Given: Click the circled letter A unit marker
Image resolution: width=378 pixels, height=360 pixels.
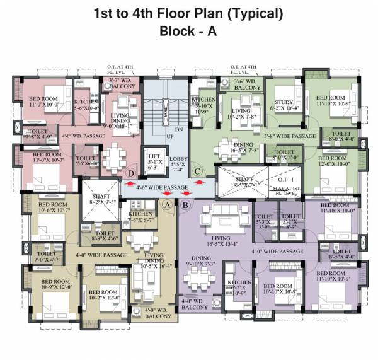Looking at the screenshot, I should pyautogui.click(x=167, y=204).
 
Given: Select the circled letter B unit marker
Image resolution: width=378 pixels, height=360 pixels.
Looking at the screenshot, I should pyautogui.click(x=185, y=204).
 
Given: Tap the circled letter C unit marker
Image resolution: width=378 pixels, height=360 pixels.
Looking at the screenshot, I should pyautogui.click(x=197, y=170).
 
